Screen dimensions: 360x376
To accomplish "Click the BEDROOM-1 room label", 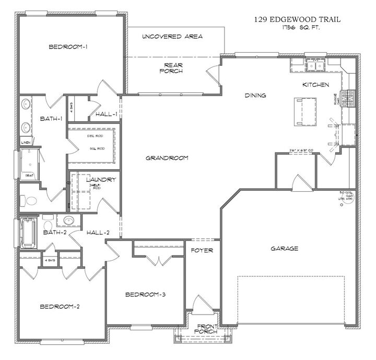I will click(x=68, y=47).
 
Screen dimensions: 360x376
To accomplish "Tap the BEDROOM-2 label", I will click(x=60, y=307).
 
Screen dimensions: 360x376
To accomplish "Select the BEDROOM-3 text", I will click(x=146, y=295).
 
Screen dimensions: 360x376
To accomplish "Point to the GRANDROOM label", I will click(x=167, y=158).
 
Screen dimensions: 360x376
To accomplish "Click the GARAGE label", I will click(x=285, y=249).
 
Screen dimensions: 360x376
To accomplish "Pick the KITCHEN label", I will click(x=315, y=85).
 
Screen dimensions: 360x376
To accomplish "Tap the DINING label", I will click(x=255, y=96).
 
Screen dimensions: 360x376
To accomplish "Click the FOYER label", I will click(x=202, y=251).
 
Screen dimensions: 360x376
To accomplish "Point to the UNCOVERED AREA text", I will click(x=172, y=37).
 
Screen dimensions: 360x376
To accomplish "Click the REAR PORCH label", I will click(x=171, y=67).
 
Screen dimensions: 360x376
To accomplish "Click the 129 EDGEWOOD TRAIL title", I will click(x=297, y=19).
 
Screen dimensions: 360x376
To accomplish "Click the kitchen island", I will click(x=306, y=111).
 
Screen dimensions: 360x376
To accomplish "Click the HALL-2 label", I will click(x=98, y=233).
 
